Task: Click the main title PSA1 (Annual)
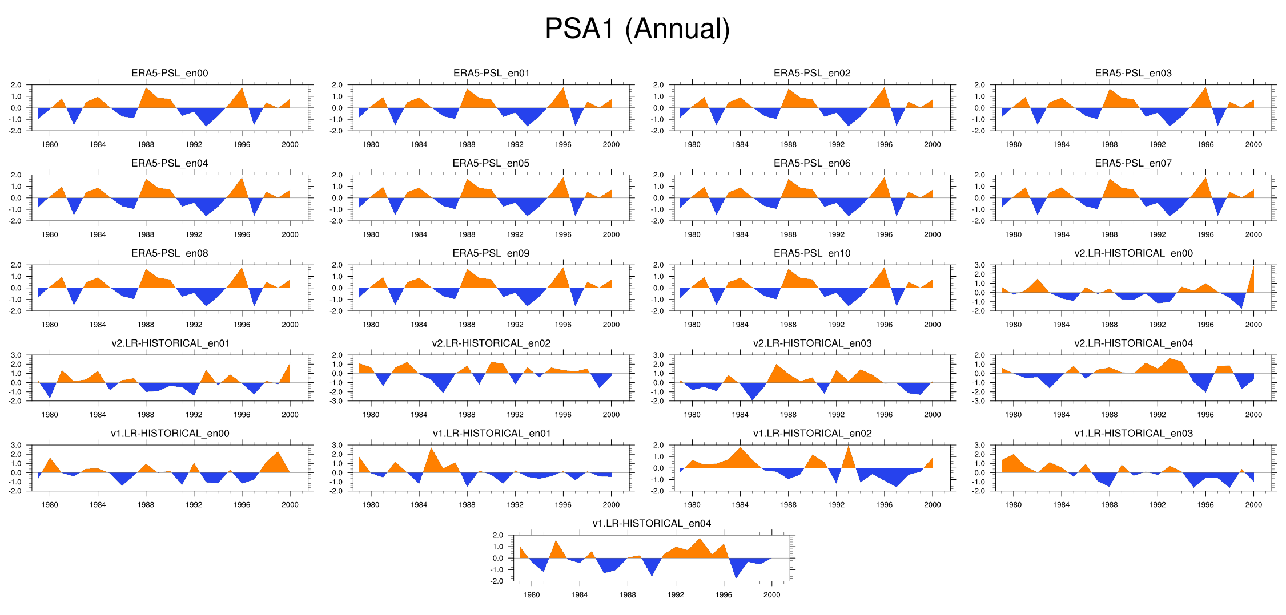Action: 637,29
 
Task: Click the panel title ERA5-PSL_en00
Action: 170,73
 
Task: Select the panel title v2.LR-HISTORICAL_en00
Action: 1133,253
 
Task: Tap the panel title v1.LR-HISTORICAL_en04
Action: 652,523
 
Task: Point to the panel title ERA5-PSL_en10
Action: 812,253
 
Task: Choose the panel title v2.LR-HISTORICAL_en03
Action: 812,343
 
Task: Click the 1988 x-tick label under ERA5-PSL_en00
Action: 146,145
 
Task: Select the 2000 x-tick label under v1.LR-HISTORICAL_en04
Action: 771,595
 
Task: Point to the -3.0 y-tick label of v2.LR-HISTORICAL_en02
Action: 337,401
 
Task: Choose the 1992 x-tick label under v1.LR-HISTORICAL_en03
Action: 1158,505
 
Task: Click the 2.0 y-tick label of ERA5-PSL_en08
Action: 15,265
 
